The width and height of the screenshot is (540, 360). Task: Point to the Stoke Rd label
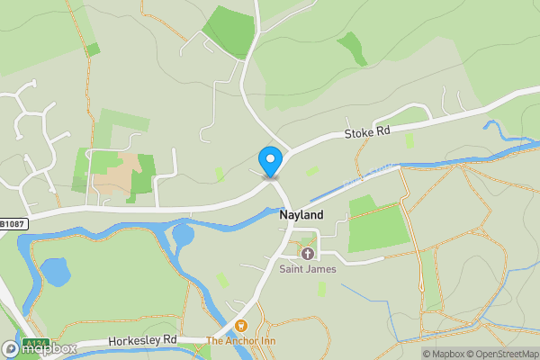point(367,131)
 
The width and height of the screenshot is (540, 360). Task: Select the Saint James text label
point(307,269)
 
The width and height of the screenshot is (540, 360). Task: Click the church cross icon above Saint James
point(307,254)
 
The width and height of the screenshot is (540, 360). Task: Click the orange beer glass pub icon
point(240,326)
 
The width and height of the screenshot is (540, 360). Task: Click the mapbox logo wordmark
point(40,348)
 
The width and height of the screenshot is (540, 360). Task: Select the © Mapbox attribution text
point(445,354)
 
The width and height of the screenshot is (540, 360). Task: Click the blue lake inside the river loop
point(55,272)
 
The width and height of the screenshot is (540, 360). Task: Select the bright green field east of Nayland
point(379,228)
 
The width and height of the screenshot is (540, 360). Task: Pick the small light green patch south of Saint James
point(321,289)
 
